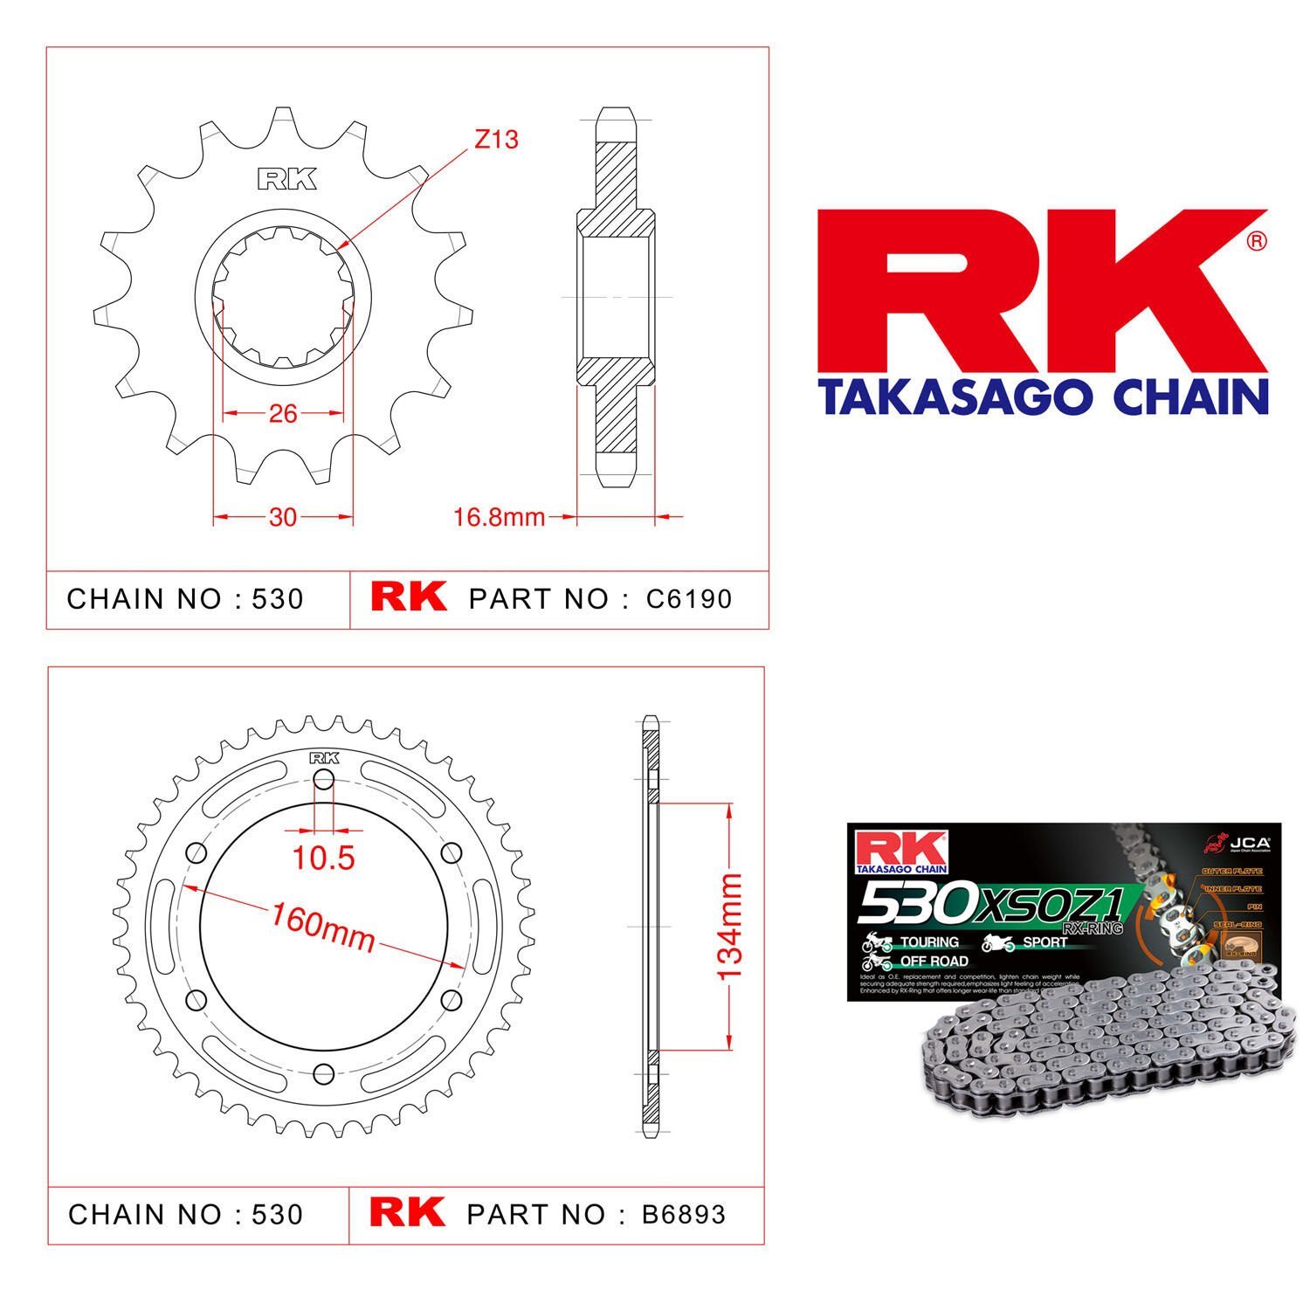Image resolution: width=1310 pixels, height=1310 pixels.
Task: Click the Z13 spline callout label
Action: [x=496, y=139]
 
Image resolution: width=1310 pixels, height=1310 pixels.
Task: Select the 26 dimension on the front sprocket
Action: [x=283, y=413]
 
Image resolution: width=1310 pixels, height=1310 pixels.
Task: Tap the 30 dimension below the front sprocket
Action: [x=283, y=518]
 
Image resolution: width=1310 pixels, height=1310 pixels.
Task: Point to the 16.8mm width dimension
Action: [x=499, y=518]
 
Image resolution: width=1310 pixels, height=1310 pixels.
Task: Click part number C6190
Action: [x=689, y=599]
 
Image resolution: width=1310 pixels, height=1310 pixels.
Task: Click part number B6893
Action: [x=683, y=1215]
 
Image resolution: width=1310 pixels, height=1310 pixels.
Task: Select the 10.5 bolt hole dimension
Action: [x=323, y=858]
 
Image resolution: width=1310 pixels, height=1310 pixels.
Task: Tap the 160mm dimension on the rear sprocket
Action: [x=322, y=927]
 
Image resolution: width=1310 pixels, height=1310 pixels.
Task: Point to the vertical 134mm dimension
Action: [x=729, y=927]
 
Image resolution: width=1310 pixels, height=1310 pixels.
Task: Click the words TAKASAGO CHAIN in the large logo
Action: [x=1042, y=396]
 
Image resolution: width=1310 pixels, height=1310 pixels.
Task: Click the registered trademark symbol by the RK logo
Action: [x=1256, y=242]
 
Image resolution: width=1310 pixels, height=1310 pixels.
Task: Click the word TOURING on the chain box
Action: [x=928, y=942]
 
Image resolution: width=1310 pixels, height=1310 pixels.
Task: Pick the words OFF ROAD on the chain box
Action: [x=934, y=961]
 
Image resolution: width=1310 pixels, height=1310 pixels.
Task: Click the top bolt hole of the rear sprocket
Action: [x=323, y=782]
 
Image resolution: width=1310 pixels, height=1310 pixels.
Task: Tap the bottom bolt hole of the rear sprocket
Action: [x=323, y=1072]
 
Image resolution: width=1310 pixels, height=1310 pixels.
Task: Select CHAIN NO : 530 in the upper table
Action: [x=185, y=599]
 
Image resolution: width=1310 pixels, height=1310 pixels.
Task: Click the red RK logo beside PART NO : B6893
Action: [x=407, y=1213]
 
